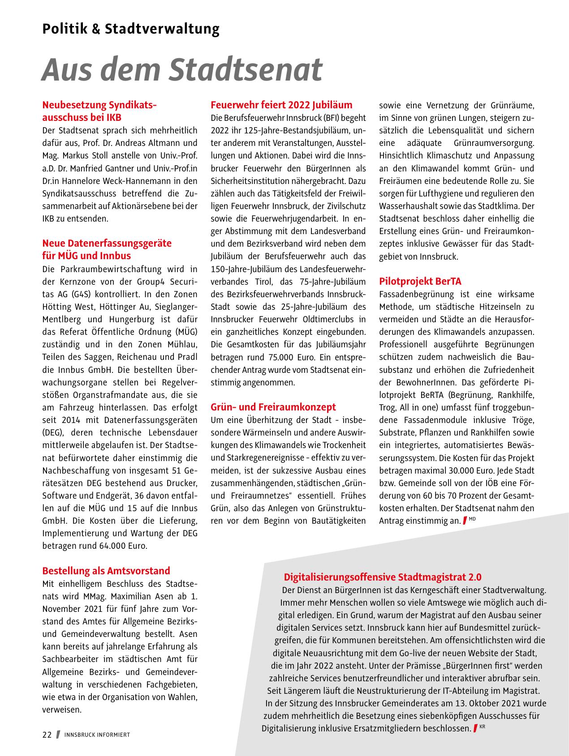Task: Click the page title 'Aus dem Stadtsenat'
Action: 182,69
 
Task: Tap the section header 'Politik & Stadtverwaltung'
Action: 131,29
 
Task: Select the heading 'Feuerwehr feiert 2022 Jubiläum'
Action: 281,105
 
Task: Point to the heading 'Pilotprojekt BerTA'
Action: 420,282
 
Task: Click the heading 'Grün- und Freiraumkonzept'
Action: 273,407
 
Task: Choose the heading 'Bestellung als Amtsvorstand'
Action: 106,571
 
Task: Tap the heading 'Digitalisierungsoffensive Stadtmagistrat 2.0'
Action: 383,577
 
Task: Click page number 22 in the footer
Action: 47,735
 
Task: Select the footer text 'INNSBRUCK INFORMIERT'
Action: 97,735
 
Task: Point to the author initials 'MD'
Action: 472,519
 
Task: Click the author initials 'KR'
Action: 483,726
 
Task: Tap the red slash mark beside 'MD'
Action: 465,521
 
